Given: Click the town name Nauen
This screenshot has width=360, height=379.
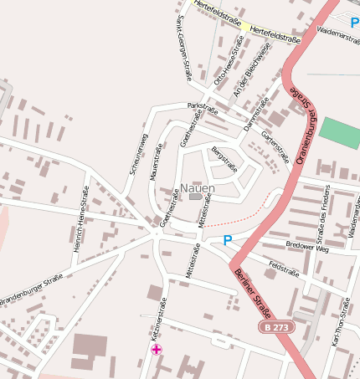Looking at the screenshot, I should pyautogui.click(x=198, y=189).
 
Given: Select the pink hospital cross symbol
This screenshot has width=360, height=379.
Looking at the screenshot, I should pyautogui.click(x=157, y=349).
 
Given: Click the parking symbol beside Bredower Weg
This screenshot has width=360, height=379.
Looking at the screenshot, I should pyautogui.click(x=227, y=241).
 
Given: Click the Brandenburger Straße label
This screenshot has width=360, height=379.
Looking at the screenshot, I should pyautogui.click(x=32, y=289).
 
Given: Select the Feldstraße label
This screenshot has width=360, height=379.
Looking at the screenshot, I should pyautogui.click(x=283, y=269).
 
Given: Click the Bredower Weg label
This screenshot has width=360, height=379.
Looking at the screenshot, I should pyautogui.click(x=308, y=248).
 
